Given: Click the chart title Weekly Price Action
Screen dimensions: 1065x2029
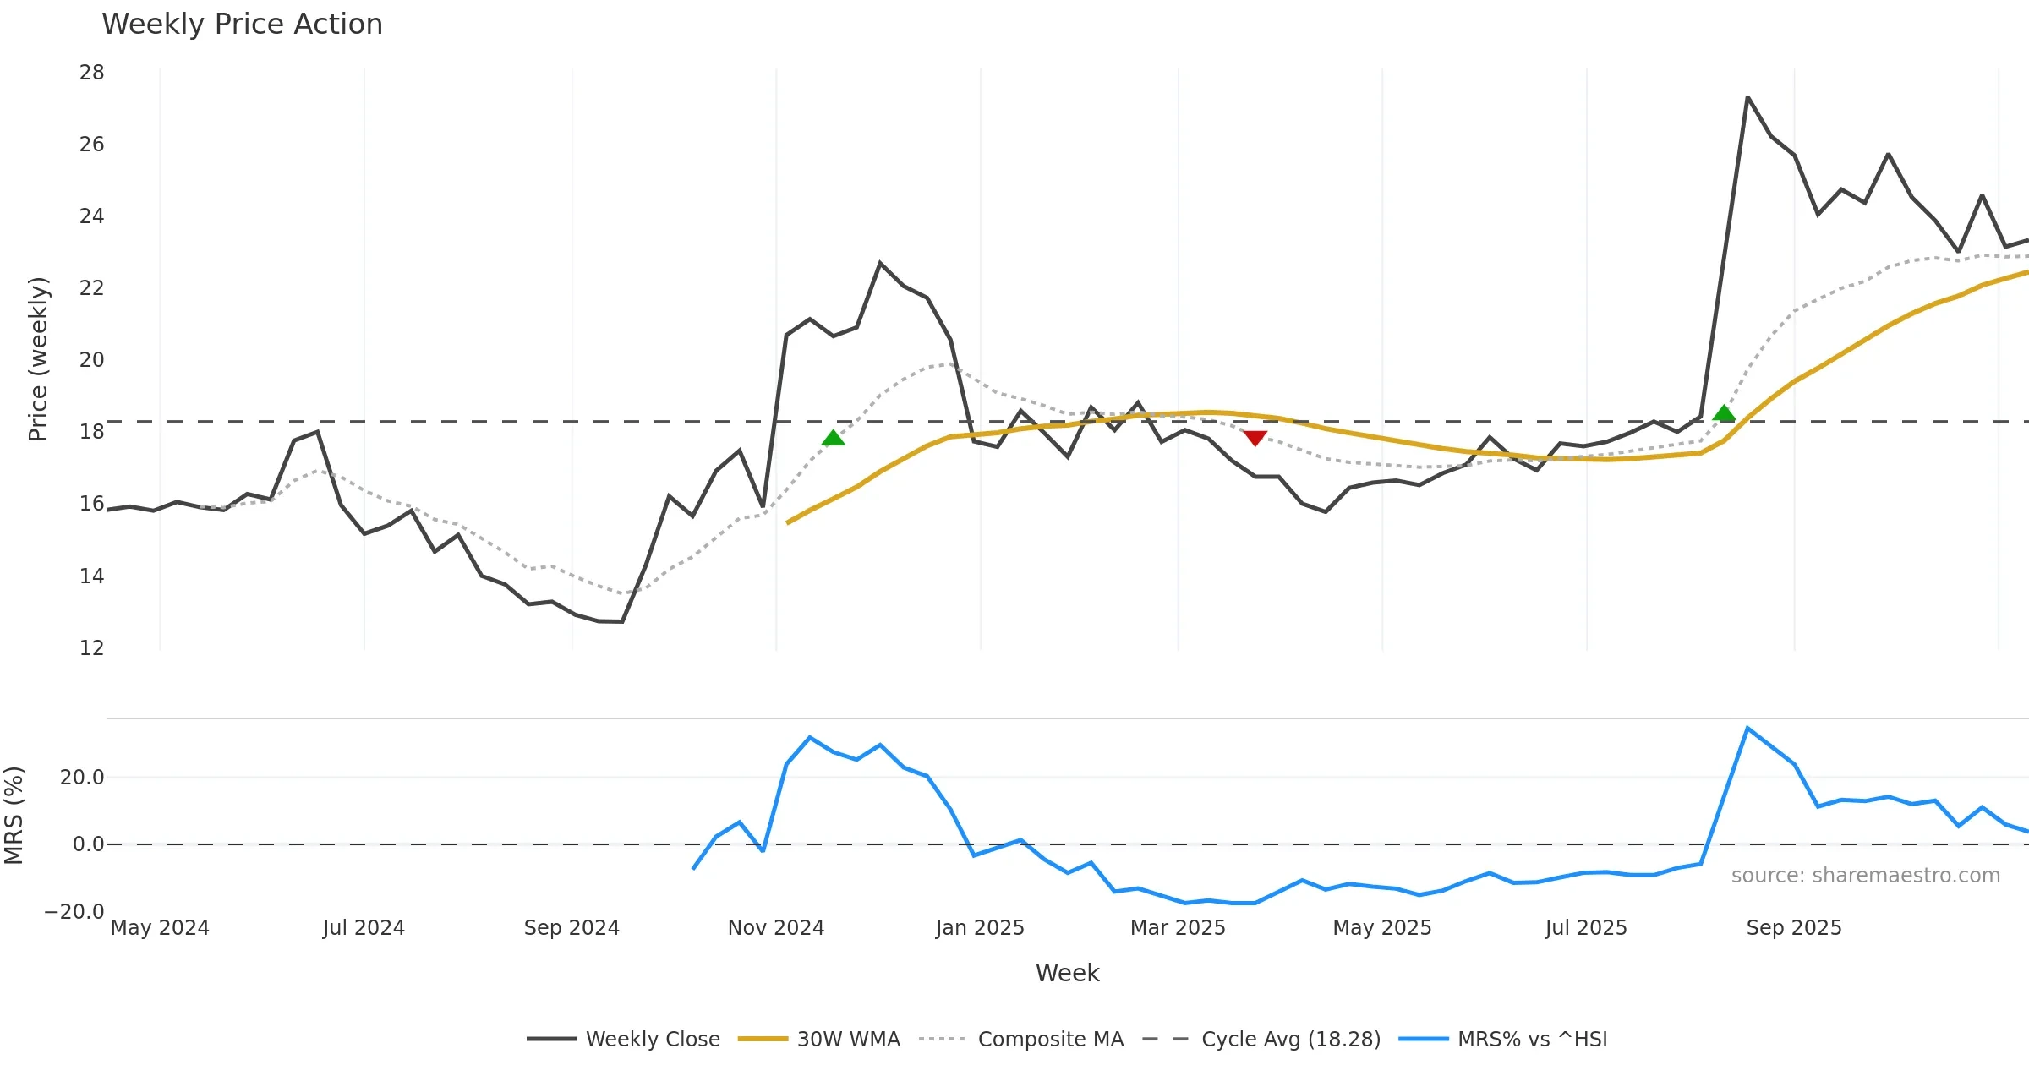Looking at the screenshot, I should (242, 25).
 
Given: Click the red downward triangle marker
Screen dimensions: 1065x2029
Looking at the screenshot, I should (1255, 438).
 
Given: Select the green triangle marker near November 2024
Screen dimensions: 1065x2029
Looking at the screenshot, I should (833, 438).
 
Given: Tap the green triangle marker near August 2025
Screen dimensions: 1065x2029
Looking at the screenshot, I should (1724, 413).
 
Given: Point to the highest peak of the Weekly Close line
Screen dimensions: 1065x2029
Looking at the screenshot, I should (1747, 98).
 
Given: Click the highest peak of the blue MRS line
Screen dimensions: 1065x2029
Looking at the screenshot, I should (1747, 728).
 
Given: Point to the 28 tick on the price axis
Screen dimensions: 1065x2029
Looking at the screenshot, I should (92, 73).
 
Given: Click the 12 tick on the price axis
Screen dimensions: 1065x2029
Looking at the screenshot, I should (92, 648).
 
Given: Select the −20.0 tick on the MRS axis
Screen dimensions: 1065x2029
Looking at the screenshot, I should (74, 912).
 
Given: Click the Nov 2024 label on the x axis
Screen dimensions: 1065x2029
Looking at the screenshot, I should (775, 928).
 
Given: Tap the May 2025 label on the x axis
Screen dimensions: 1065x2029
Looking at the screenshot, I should (1381, 928).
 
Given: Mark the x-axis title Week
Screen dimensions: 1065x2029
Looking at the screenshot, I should (1067, 973).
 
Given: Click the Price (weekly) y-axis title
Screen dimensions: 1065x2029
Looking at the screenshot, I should (38, 359).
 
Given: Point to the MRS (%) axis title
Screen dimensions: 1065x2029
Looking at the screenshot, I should (14, 816).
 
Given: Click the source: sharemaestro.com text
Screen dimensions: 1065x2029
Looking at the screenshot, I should (1865, 876).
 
